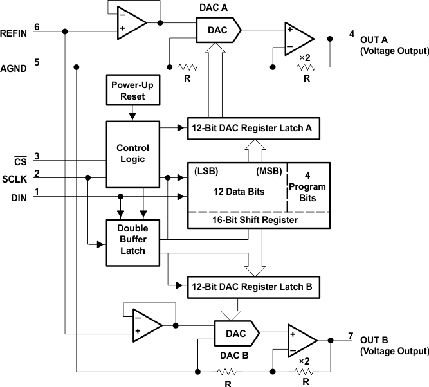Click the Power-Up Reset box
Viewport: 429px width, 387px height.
pyautogui.click(x=132, y=91)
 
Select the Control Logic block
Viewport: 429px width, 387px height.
pyautogui.click(x=132, y=153)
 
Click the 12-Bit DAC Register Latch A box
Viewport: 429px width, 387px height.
pyautogui.click(x=251, y=128)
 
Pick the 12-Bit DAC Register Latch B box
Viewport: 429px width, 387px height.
pyautogui.click(x=251, y=287)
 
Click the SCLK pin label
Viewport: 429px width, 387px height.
pyautogui.click(x=14, y=179)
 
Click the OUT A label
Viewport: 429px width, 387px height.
pyautogui.click(x=373, y=38)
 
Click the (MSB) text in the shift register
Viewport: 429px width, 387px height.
pyautogui.click(x=269, y=172)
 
